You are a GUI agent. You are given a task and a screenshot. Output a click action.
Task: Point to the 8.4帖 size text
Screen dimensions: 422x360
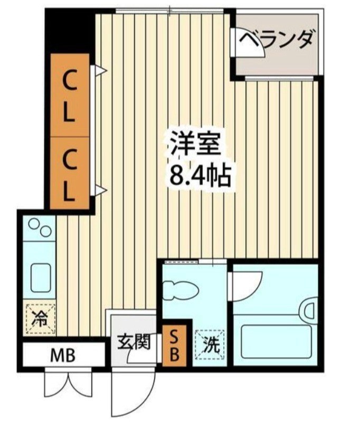pos(199,175)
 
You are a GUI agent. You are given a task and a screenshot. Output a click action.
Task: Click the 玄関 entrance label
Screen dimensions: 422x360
pos(130,341)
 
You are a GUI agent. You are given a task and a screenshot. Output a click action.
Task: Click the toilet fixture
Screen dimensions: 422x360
pos(179,291)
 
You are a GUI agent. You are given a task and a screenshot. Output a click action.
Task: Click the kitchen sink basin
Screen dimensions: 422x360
pos(40,277)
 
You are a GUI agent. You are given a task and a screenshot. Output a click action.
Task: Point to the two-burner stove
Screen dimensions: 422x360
pos(40,228)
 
